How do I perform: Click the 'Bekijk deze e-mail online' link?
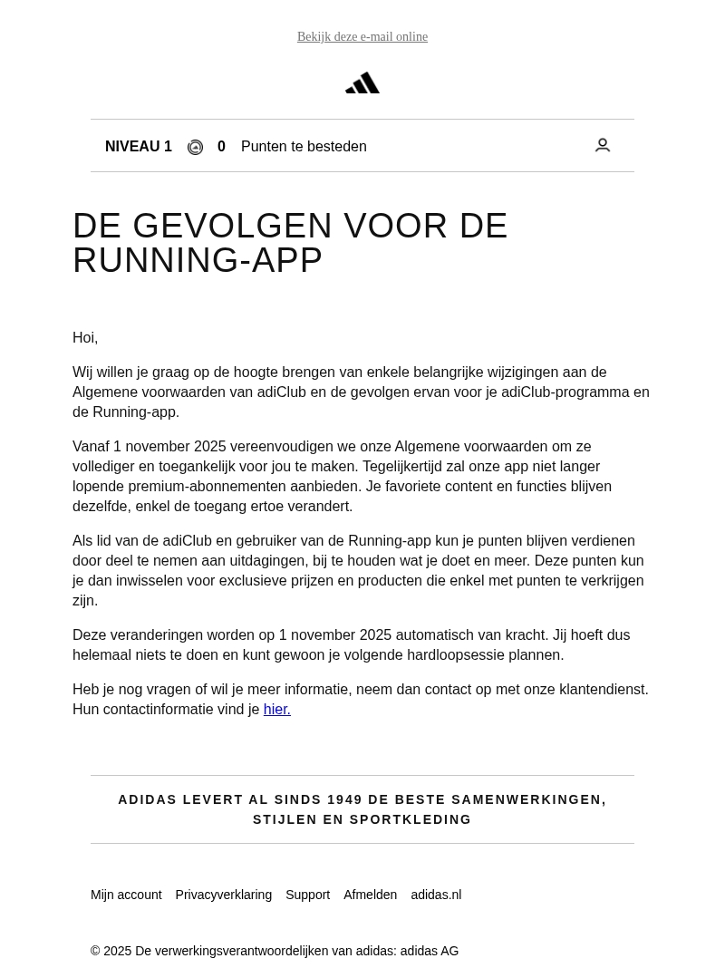[x=362, y=37]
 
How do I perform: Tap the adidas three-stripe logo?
[x=362, y=83]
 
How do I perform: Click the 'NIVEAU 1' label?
[x=139, y=147]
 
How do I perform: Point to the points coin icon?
[x=195, y=148]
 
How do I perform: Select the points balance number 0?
[x=221, y=147]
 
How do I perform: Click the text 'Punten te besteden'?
[x=304, y=147]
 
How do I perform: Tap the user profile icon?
[x=603, y=145]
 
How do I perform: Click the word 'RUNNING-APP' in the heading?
[x=198, y=261]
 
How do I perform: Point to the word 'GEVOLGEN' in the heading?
[x=233, y=227]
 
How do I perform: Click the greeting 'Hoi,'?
[x=85, y=338]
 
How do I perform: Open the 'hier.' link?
[x=277, y=710]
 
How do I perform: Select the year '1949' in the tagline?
[x=344, y=799]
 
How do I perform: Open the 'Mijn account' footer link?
[x=126, y=895]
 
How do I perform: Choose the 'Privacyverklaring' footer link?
[x=224, y=895]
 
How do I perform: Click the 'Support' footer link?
[x=308, y=895]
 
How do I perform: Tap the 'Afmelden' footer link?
[x=370, y=895]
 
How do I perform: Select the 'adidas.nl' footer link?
[x=436, y=895]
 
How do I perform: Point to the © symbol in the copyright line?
[x=95, y=951]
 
